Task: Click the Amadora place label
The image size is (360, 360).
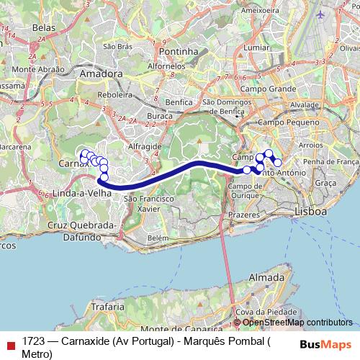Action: click(x=102, y=73)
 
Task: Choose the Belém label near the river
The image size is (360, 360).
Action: click(x=157, y=237)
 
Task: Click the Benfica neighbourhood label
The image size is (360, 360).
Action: click(x=179, y=102)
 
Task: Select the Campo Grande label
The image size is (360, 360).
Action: click(x=274, y=89)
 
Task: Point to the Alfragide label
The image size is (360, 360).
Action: click(x=145, y=145)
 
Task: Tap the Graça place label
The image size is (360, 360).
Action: click(x=326, y=184)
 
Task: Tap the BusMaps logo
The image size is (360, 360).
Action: click(x=325, y=343)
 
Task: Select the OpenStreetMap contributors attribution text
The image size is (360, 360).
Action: click(x=297, y=323)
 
